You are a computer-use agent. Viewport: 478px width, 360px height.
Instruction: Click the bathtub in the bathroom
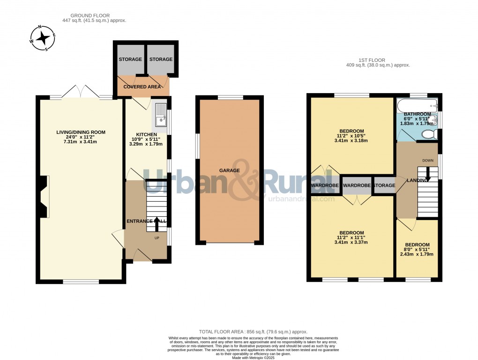[417, 103]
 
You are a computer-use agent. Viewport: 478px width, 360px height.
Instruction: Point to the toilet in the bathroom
[428, 134]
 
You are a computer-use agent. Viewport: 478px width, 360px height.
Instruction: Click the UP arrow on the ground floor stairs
[157, 222]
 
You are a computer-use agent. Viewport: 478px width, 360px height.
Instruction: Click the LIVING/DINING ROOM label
[81, 132]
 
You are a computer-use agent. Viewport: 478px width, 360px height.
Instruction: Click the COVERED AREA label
[142, 87]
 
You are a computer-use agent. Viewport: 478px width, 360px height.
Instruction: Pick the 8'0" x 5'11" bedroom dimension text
[417, 250]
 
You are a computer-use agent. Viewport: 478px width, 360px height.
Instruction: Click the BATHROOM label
[417, 114]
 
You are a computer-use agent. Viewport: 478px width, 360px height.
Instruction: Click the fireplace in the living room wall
[44, 197]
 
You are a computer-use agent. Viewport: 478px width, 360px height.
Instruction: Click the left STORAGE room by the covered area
[130, 59]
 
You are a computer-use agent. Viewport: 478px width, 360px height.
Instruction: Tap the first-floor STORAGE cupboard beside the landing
[384, 186]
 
